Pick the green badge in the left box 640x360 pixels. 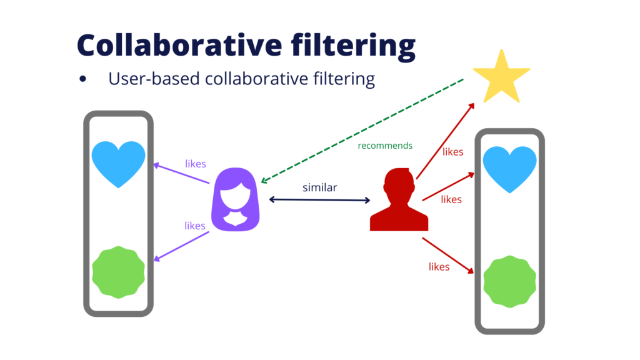click(119, 272)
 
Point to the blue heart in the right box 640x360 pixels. click(509, 169)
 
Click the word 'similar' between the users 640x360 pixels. click(320, 187)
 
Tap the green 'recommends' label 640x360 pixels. click(385, 146)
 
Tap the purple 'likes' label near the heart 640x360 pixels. click(196, 164)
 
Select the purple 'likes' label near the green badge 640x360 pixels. click(195, 226)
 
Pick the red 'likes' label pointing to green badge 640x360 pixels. click(439, 267)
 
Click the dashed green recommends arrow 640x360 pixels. click(362, 131)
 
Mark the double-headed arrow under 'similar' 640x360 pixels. click(320, 200)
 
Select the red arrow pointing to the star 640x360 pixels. click(445, 141)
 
